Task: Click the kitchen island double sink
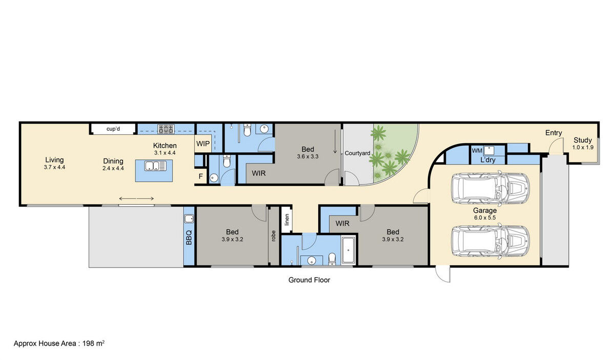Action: tap(155, 166)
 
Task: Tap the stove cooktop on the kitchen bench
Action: tap(166, 129)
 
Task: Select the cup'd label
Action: tap(113, 129)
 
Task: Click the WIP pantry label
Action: tap(203, 144)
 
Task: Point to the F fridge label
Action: tap(201, 176)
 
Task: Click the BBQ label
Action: tap(189, 237)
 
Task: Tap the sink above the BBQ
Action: tap(189, 219)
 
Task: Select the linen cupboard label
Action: tap(287, 219)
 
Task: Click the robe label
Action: tap(273, 236)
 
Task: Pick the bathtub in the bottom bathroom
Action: tap(348, 250)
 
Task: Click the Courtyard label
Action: tap(358, 153)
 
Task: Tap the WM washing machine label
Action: tap(477, 151)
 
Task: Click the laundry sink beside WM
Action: tap(489, 150)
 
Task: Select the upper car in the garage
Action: tap(490, 189)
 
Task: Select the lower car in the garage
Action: tap(490, 242)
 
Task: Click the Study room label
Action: tap(583, 140)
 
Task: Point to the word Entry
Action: tap(553, 133)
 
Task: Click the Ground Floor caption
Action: tap(309, 280)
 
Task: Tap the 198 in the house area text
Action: tap(88, 343)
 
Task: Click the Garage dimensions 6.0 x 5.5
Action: tap(485, 217)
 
